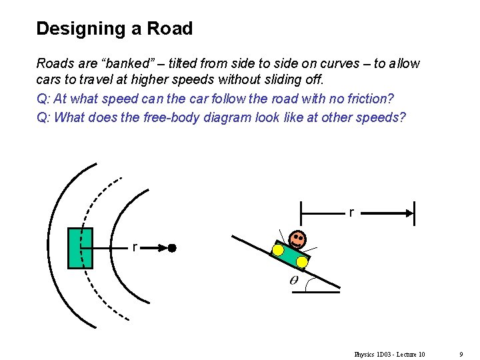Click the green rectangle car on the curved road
81,248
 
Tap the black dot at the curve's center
171,248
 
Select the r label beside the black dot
135,247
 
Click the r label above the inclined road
351,213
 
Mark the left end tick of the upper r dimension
301,213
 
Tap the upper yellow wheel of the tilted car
278,250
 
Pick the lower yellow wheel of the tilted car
302,263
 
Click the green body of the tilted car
290,254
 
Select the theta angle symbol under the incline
294,281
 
